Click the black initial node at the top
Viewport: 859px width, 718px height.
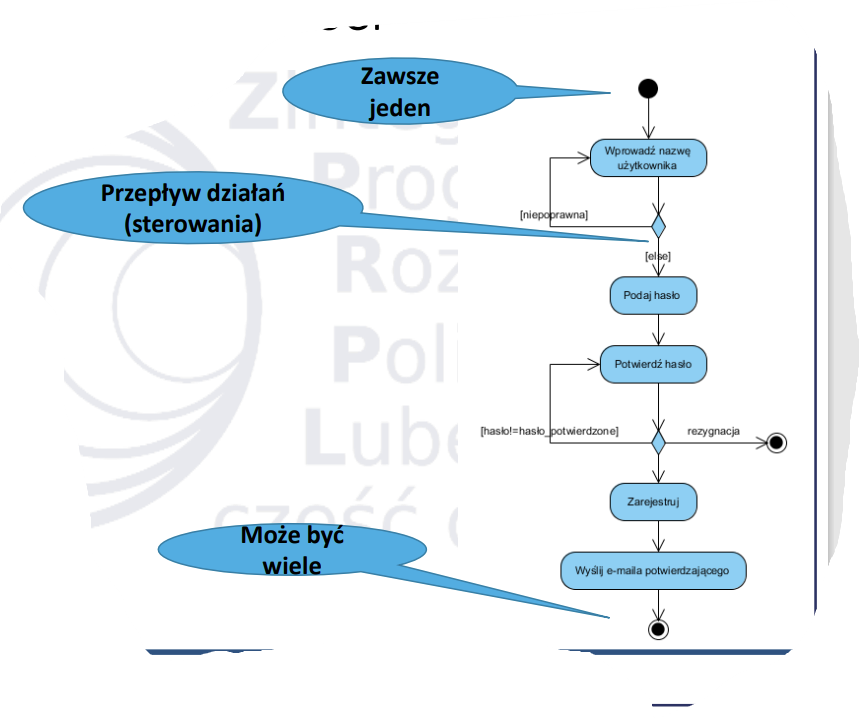(648, 89)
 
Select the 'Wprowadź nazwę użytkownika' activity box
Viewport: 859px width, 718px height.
(648, 158)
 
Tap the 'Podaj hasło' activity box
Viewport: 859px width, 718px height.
(653, 296)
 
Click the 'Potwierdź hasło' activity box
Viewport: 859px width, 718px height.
(653, 364)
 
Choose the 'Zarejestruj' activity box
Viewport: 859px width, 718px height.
(653, 501)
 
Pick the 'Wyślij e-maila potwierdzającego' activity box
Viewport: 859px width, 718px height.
(653, 569)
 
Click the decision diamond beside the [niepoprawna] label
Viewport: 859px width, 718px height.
(657, 225)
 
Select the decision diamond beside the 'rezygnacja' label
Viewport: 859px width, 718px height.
(657, 440)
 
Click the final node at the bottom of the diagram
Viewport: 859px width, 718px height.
(657, 628)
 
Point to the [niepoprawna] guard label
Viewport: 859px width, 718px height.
(553, 215)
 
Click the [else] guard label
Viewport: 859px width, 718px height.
(658, 256)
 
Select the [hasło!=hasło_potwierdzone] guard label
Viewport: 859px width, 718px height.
(549, 430)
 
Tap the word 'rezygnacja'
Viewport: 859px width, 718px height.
(713, 430)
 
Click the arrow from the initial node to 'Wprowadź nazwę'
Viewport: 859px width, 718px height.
(649, 119)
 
